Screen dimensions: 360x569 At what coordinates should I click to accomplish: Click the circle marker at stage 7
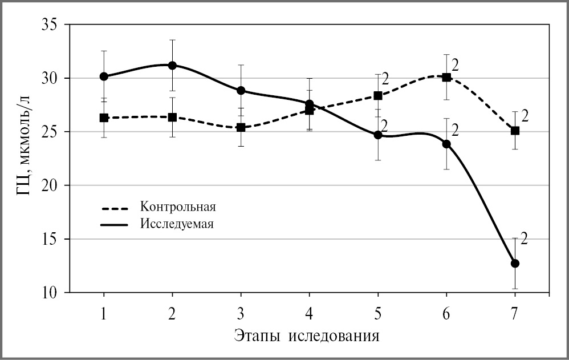(x=515, y=264)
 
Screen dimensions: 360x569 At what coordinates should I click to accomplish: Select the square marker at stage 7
(x=515, y=131)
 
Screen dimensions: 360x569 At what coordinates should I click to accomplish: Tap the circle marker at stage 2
(x=172, y=66)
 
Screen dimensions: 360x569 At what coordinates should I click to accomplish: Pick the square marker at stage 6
(x=446, y=77)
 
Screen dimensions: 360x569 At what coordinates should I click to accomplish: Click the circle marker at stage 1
(x=104, y=76)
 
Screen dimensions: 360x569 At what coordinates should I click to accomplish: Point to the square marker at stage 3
(x=241, y=127)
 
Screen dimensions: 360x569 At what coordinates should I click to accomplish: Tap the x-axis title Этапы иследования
(x=307, y=334)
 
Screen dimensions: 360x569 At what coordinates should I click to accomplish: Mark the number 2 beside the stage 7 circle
(x=524, y=238)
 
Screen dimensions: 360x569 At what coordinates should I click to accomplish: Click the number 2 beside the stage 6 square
(x=455, y=64)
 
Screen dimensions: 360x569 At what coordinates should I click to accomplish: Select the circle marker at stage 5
(x=377, y=135)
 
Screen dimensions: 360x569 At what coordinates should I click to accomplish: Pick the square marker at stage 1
(x=104, y=118)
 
